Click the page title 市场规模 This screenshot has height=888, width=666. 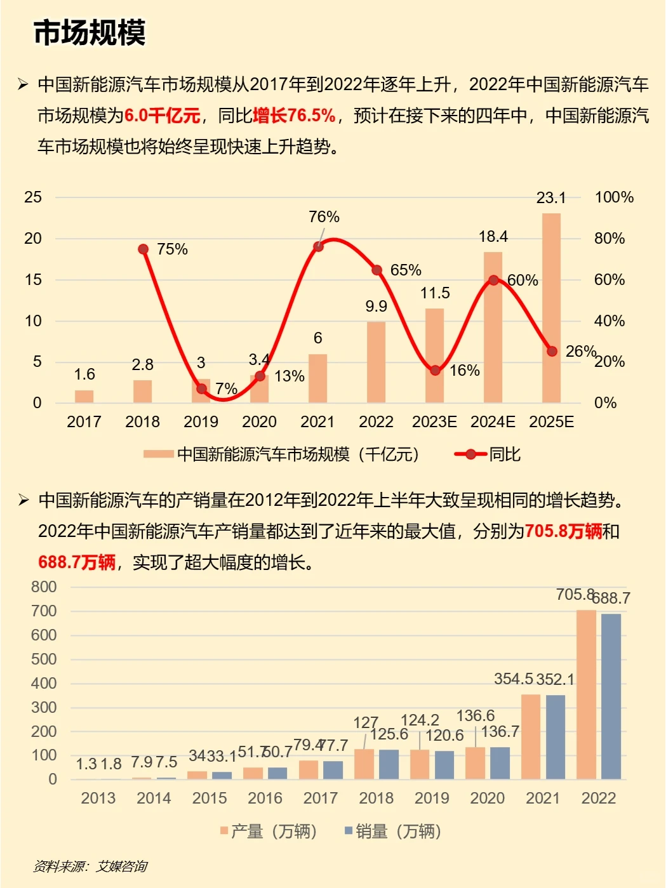[x=90, y=33]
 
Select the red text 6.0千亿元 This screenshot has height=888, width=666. [x=162, y=116]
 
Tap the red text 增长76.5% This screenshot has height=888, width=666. [x=294, y=116]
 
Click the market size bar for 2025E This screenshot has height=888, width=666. [x=551, y=308]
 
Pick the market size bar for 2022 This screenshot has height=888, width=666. [x=376, y=362]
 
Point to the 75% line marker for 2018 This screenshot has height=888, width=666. [x=143, y=249]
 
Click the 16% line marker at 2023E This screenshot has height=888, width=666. [x=435, y=370]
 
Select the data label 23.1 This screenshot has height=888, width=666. [x=550, y=198]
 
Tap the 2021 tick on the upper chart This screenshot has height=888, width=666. [x=317, y=421]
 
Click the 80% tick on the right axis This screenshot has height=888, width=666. [x=609, y=239]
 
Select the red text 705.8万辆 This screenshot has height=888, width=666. [x=563, y=531]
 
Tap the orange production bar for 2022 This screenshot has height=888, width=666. [x=586, y=694]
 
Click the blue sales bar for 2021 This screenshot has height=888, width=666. [x=555, y=737]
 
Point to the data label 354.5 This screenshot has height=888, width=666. [x=513, y=679]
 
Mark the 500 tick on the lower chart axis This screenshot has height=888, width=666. [x=44, y=659]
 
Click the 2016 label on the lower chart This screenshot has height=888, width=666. [x=265, y=798]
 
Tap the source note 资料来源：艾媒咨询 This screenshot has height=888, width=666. [x=90, y=866]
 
